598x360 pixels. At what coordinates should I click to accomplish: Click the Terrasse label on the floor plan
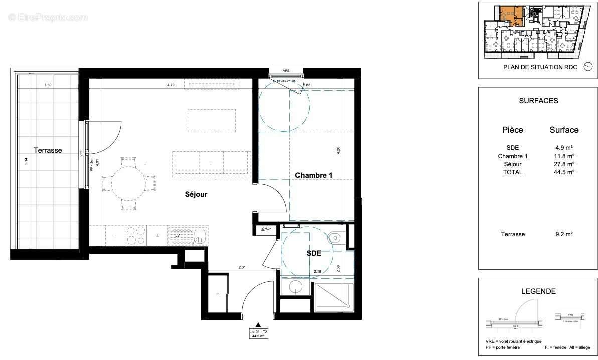pyautogui.click(x=48, y=150)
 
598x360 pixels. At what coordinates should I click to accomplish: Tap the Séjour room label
pyautogui.click(x=195, y=194)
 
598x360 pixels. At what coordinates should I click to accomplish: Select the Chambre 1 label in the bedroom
pyautogui.click(x=314, y=175)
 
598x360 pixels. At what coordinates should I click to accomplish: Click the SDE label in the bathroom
pyautogui.click(x=314, y=253)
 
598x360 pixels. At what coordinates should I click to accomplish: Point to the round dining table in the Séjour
pyautogui.click(x=127, y=183)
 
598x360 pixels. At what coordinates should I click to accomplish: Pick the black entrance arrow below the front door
pyautogui.click(x=258, y=325)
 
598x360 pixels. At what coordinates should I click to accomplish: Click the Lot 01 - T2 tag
pyautogui.click(x=258, y=333)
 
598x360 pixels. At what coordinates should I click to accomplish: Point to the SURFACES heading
pyautogui.click(x=538, y=101)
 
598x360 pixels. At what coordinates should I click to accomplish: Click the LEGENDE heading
pyautogui.click(x=538, y=291)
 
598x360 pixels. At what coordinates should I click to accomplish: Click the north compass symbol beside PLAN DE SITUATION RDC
pyautogui.click(x=588, y=67)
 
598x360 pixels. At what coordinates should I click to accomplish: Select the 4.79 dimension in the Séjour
pyautogui.click(x=172, y=85)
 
